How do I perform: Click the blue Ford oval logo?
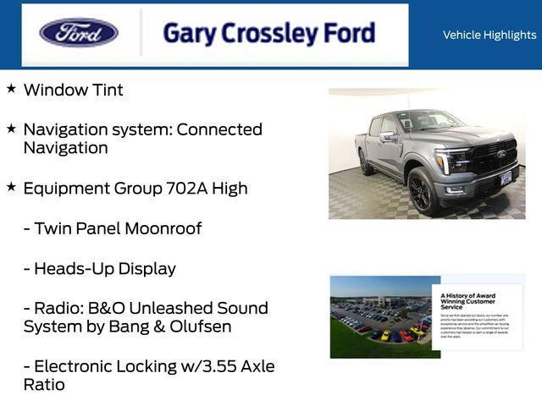(x=79, y=33)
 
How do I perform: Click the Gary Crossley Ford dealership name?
(x=268, y=34)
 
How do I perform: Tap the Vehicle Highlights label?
(x=489, y=35)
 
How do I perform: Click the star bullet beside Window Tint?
(x=11, y=88)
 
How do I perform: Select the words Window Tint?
(x=73, y=90)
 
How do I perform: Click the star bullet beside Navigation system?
(x=11, y=129)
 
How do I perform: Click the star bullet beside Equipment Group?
(x=11, y=187)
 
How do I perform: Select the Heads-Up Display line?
(x=99, y=268)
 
